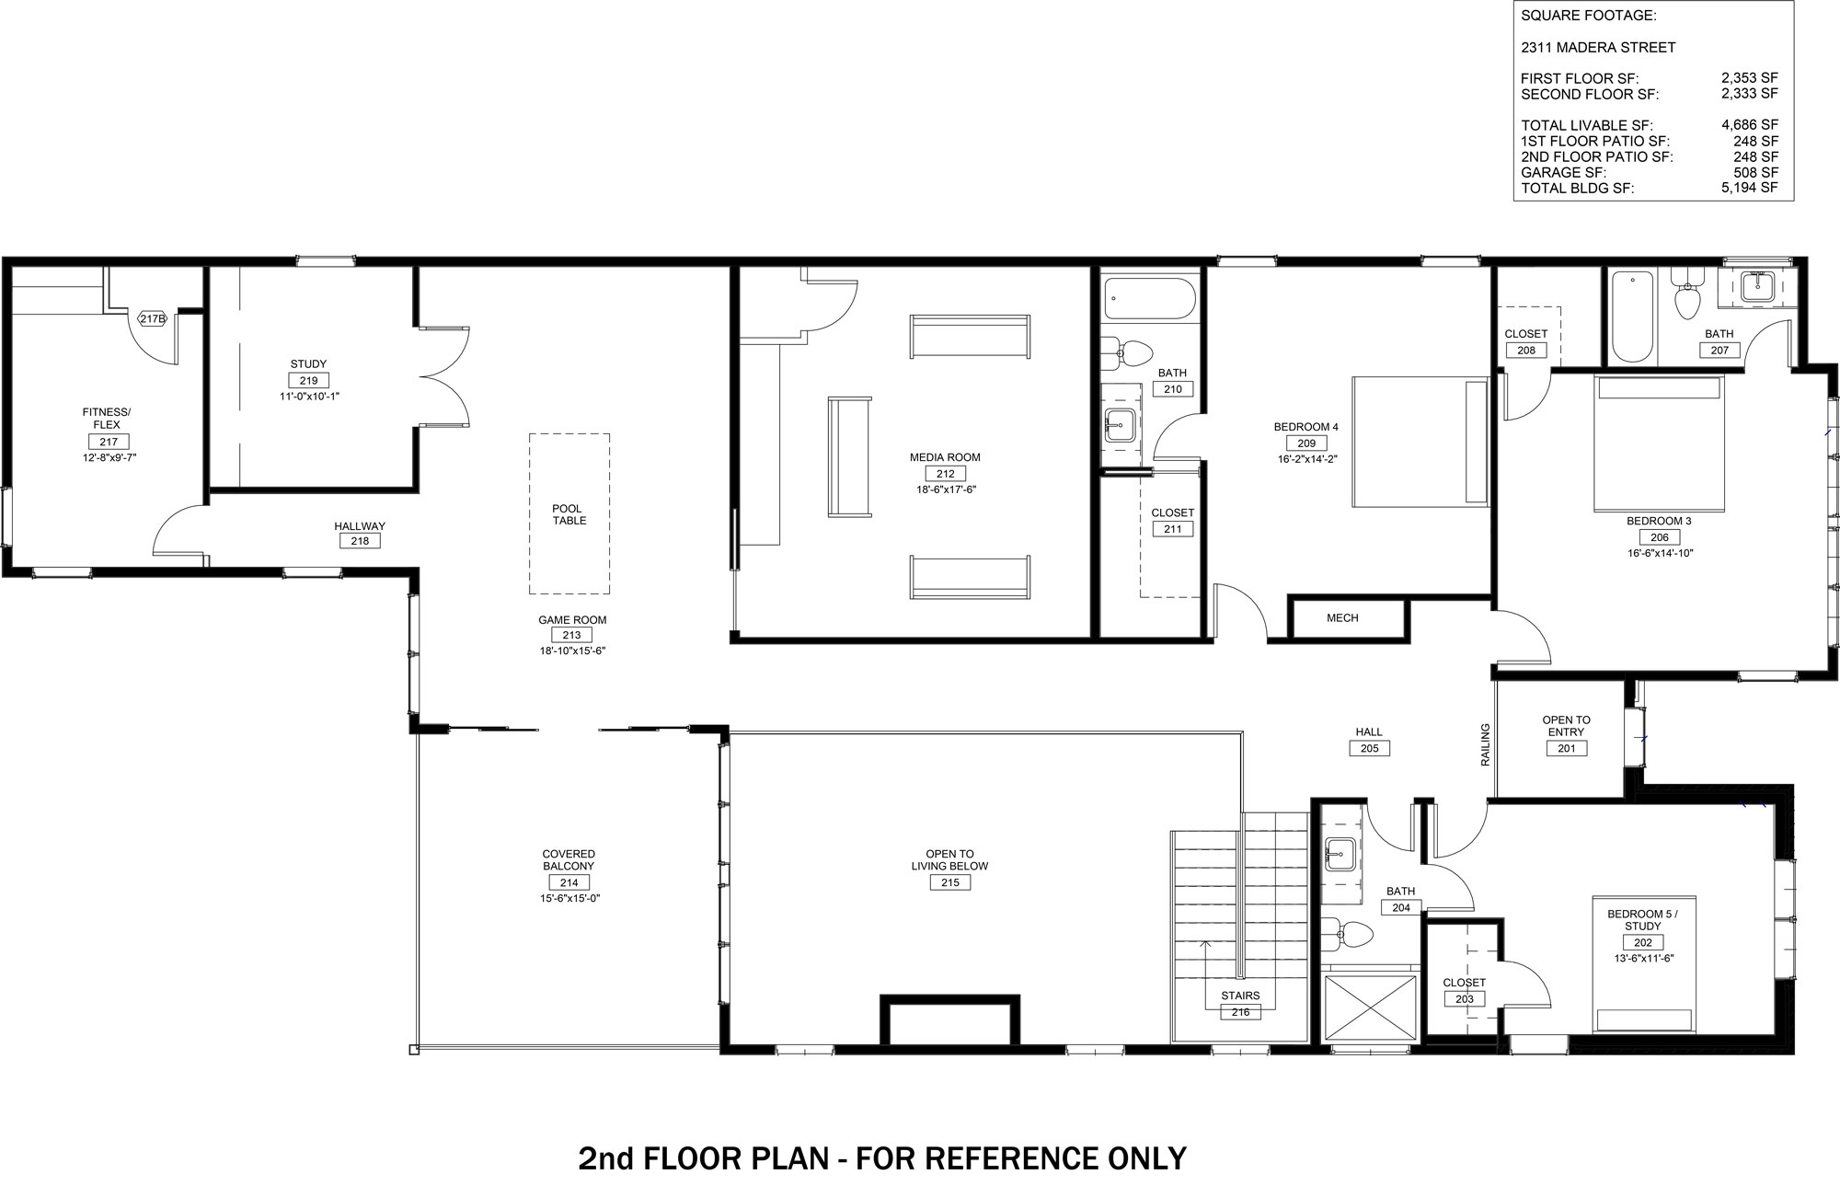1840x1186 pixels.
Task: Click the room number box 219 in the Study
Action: (x=308, y=381)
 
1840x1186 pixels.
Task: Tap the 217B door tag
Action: (x=153, y=319)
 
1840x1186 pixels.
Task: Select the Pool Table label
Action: (x=569, y=514)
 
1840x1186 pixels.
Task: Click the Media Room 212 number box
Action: (x=945, y=474)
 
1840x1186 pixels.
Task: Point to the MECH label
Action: (x=1342, y=618)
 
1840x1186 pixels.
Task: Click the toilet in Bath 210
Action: (x=1128, y=351)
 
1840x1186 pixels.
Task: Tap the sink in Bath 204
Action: (x=1340, y=855)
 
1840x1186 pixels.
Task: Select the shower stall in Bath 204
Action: (x=1370, y=1008)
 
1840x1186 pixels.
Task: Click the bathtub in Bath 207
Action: (x=1632, y=317)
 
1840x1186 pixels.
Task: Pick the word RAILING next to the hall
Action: (x=1484, y=744)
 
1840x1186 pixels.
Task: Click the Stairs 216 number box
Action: (x=1240, y=1012)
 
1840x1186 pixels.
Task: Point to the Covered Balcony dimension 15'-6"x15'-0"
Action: (x=570, y=899)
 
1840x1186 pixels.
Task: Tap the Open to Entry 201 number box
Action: (x=1566, y=749)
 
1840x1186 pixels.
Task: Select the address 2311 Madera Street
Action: (x=1597, y=48)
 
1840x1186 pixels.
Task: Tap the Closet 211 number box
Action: (x=1172, y=529)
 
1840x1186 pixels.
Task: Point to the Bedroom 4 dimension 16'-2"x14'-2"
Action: (x=1306, y=459)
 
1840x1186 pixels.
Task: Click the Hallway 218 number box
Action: (x=360, y=541)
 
